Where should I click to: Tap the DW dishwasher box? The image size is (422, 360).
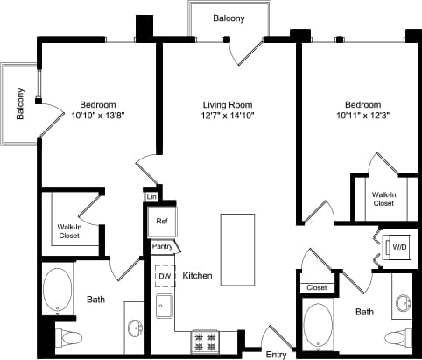click(x=164, y=276)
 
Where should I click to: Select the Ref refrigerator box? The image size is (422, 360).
click(x=162, y=222)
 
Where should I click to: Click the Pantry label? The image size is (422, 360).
click(x=163, y=247)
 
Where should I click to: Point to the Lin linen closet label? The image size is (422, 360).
click(x=151, y=197)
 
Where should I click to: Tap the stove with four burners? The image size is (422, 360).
click(x=204, y=339)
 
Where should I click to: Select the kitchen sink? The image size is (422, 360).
click(x=164, y=307)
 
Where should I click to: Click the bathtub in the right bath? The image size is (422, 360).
click(x=318, y=323)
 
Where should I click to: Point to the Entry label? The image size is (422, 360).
click(x=276, y=354)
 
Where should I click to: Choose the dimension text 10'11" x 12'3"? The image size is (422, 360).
click(x=362, y=116)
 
